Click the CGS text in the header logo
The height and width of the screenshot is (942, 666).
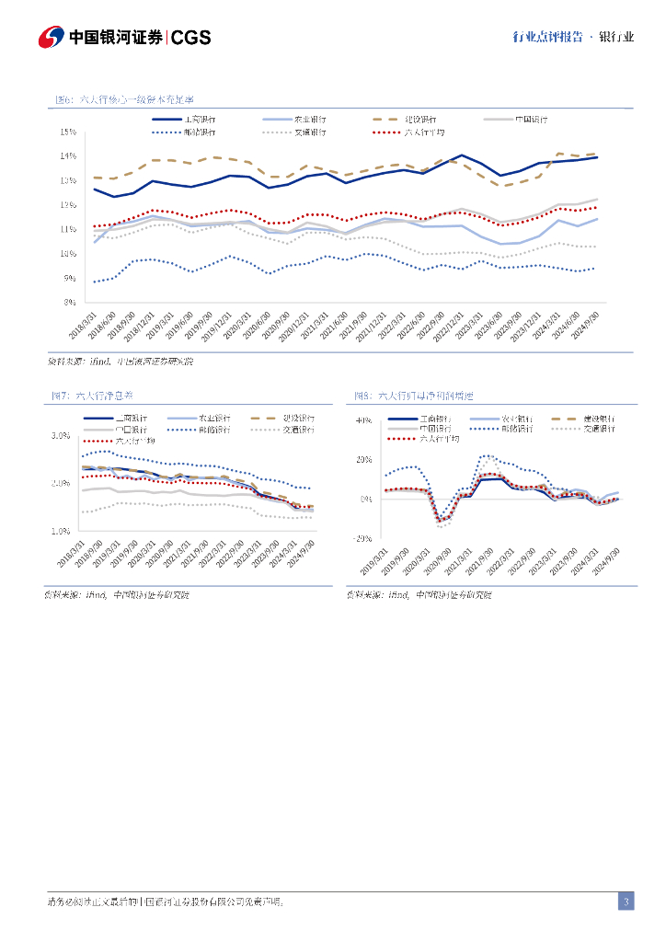pyautogui.click(x=191, y=38)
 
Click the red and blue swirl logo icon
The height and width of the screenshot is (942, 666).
pyautogui.click(x=51, y=38)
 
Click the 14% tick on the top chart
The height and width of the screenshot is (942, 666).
pyautogui.click(x=68, y=155)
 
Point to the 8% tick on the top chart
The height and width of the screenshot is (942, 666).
pyautogui.click(x=70, y=302)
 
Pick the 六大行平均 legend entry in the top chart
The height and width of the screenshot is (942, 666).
pyautogui.click(x=423, y=132)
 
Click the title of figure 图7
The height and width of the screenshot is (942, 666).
pyautogui.click(x=93, y=396)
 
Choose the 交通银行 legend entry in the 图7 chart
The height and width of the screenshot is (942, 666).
pyautogui.click(x=295, y=430)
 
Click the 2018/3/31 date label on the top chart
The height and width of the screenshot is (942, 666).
pyautogui.click(x=82, y=328)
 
